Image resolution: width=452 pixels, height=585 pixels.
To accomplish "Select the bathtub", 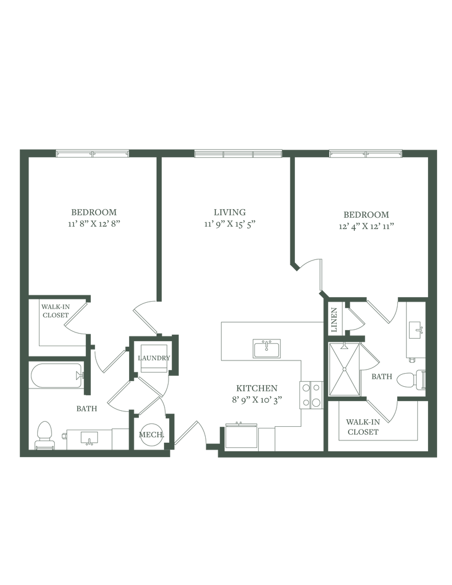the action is click(55, 375).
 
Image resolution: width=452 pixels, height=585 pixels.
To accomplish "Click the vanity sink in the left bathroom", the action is click(89, 438).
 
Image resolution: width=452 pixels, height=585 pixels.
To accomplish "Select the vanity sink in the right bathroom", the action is click(415, 330).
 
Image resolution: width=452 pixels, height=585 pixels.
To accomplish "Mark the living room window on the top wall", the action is click(238, 154).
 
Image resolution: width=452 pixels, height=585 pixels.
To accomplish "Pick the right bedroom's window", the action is click(366, 154).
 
